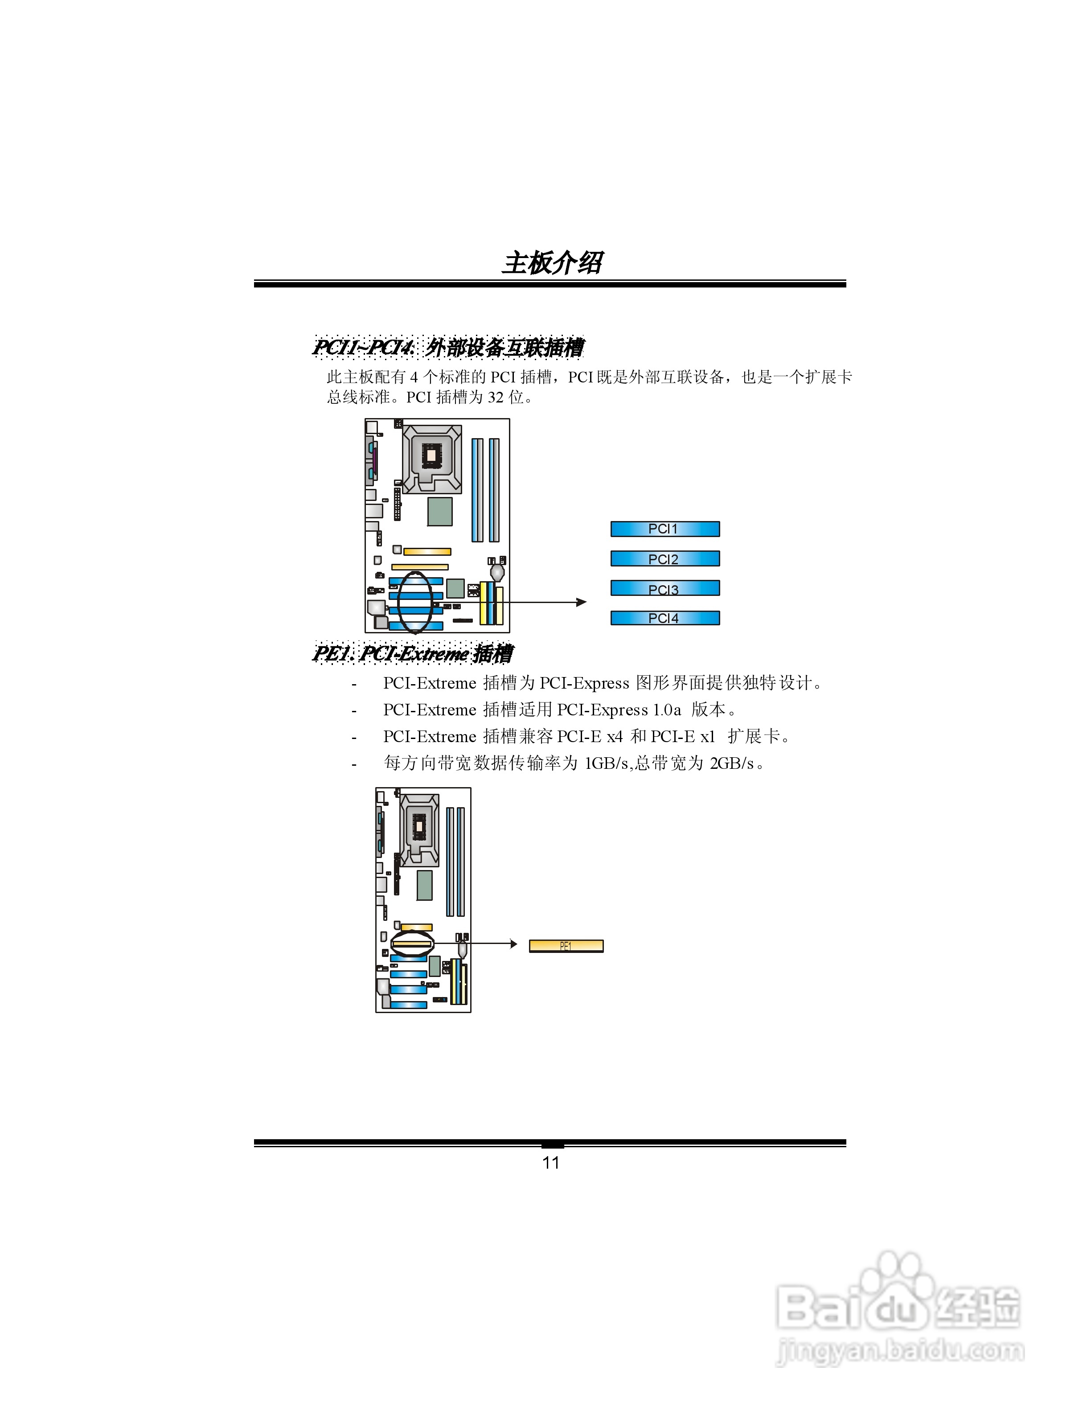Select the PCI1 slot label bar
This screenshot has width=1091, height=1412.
point(664,529)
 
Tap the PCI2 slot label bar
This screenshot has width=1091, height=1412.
point(664,558)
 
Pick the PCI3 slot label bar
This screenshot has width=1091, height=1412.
point(664,588)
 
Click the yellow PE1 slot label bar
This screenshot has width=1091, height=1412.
point(566,946)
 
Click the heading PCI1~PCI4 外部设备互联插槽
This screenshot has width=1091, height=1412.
point(448,348)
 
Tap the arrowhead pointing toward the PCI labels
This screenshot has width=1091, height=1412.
point(582,602)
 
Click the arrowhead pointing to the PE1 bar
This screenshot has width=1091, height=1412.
point(514,944)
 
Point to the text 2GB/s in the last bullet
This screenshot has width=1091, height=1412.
point(732,763)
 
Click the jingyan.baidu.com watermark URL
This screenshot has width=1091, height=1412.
point(900,1351)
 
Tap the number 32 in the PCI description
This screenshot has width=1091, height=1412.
point(496,397)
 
